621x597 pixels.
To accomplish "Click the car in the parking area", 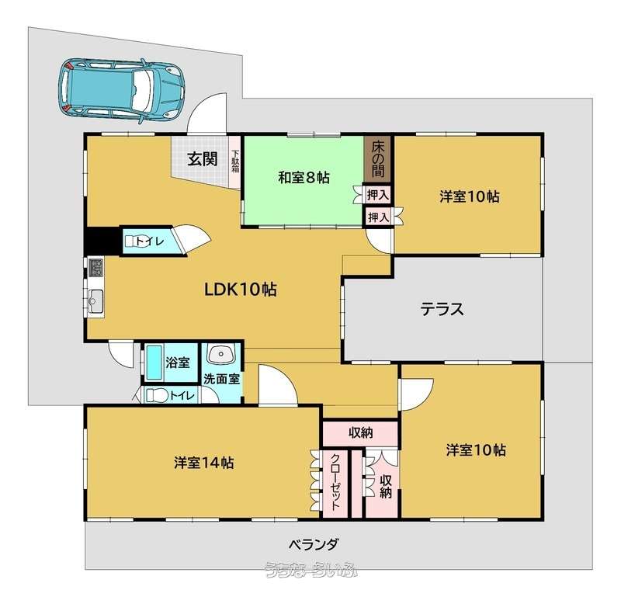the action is tap(121, 91).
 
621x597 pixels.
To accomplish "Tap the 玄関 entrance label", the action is tap(203, 159).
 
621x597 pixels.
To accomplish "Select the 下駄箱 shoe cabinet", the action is tap(236, 162).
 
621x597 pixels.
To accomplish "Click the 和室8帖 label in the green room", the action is tap(304, 178).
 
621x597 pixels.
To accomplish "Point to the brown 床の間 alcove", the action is tap(377, 159).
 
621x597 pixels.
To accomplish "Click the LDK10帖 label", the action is tap(240, 290).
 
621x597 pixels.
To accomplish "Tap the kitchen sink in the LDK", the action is tap(95, 301).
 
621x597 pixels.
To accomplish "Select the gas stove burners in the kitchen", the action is tap(95, 267).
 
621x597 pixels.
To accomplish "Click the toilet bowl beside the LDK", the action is tap(131, 241).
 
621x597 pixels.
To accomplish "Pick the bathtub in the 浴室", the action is tap(154, 362).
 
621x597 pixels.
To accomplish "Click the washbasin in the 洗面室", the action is tap(221, 354).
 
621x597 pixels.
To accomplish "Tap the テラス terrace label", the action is tap(442, 309).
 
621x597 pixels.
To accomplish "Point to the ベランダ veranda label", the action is tap(313, 544).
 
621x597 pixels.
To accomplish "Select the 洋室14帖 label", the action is tap(203, 463).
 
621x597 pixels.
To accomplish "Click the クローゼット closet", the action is tap(335, 483).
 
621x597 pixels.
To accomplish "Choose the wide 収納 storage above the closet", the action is tap(360, 433).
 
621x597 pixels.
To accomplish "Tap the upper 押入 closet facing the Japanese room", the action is tap(377, 195).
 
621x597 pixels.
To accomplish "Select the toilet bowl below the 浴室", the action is tap(153, 395).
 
